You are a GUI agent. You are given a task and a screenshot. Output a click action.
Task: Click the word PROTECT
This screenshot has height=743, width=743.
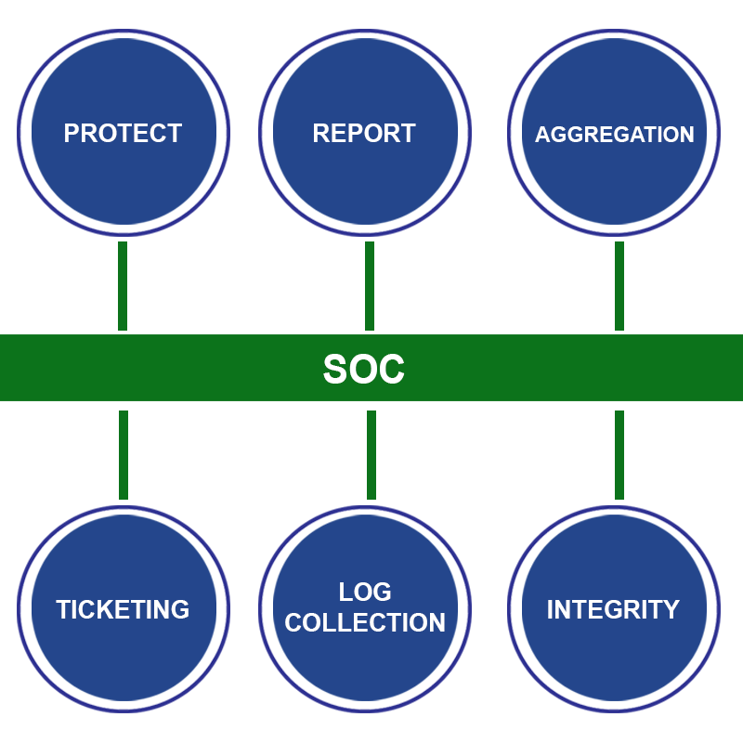coord(124,133)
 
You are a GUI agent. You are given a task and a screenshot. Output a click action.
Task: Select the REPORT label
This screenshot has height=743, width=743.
coord(364,133)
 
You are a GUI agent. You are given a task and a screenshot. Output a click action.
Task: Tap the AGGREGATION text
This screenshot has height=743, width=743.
coord(615,135)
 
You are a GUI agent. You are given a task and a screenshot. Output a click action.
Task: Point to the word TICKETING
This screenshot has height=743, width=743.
coord(123,609)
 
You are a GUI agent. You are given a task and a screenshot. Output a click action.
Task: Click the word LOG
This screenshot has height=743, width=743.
coord(365,592)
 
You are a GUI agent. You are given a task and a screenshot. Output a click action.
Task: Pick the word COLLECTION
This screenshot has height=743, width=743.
coord(365,622)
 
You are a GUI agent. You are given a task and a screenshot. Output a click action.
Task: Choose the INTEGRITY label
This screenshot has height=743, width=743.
coord(613,609)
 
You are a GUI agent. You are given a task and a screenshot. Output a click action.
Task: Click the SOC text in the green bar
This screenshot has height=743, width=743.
coord(364,369)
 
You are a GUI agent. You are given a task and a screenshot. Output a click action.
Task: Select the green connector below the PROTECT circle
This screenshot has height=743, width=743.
coord(123,286)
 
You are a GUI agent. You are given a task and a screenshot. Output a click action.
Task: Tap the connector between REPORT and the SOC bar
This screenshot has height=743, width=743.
coord(370,286)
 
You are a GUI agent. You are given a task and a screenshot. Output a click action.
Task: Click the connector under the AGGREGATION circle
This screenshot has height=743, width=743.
coord(619,286)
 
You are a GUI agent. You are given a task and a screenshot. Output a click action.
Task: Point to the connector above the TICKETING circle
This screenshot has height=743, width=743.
coord(124,455)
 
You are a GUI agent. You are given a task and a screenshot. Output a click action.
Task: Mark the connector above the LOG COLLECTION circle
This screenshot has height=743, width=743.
coord(371,455)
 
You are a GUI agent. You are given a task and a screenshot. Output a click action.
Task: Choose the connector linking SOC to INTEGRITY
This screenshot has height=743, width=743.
coord(619,455)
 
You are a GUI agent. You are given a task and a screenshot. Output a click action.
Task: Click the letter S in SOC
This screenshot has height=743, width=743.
coord(335,369)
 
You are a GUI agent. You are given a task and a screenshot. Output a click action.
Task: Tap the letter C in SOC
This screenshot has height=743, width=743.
coord(392,369)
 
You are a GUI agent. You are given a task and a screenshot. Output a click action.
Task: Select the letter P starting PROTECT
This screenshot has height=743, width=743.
coord(72,133)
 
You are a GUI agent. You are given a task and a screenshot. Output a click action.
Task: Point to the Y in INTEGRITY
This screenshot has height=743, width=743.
coord(671,609)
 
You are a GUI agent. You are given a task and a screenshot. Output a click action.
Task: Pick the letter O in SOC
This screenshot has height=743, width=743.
coord(362,369)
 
